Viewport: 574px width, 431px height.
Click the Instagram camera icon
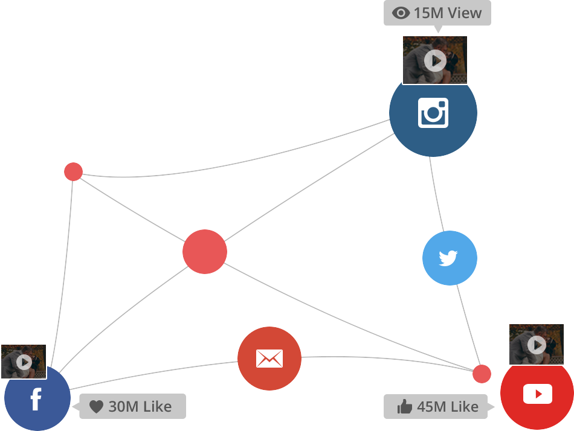coord(433,113)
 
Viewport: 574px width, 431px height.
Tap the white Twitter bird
coord(448,258)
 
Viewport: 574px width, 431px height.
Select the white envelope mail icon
coord(269,359)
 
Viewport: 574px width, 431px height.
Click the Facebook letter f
coord(36,399)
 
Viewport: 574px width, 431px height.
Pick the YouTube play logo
coord(537,394)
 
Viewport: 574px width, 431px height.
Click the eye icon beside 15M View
coord(401,13)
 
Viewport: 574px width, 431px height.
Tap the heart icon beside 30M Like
coord(96,407)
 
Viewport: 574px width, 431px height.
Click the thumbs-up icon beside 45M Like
coord(404,407)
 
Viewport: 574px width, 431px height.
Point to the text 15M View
coord(448,13)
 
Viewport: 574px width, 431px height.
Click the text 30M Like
coord(140,407)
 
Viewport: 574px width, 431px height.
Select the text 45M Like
coord(448,407)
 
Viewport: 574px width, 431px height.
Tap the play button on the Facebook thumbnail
coord(24,362)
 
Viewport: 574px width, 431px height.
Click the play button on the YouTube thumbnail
coord(537,345)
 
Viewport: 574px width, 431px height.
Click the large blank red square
coord(204,251)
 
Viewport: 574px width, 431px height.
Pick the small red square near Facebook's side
coord(73,171)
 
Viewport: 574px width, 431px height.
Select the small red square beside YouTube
coord(482,374)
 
